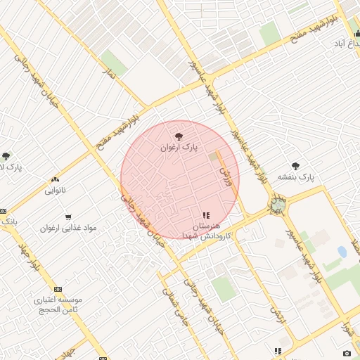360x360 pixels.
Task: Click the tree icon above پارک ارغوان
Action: click(x=179, y=136)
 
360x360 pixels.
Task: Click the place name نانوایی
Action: click(x=56, y=191)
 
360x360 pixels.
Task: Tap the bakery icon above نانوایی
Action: click(x=56, y=180)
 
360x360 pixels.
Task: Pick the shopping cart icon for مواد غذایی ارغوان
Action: click(x=68, y=217)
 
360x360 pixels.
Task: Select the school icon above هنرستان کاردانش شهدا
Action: click(x=205, y=215)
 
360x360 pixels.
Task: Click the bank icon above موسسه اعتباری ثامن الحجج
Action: click(x=58, y=289)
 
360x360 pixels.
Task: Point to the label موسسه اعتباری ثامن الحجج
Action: click(x=58, y=304)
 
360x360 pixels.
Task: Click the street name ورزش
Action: click(x=226, y=169)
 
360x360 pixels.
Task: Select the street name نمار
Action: click(x=109, y=73)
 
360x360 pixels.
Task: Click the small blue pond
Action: click(x=342, y=252)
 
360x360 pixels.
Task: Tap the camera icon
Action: click(x=347, y=352)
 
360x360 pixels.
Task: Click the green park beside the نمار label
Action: click(x=114, y=63)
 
